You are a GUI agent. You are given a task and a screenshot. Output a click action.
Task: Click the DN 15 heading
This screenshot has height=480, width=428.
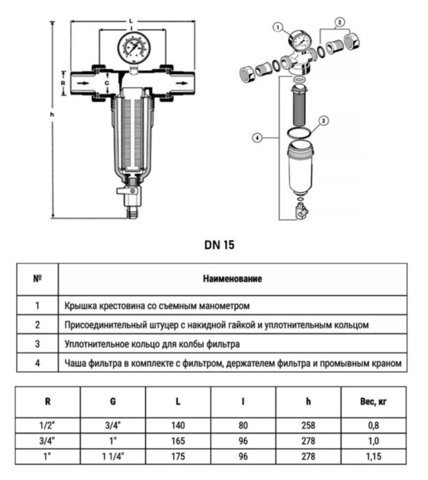[x=219, y=245]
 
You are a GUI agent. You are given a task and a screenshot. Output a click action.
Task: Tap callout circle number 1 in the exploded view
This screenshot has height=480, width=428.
[x=278, y=27]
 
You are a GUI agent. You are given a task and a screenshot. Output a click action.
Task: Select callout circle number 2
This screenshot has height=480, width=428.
[x=340, y=22]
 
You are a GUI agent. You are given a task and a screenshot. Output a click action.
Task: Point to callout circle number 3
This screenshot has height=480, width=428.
[x=323, y=121]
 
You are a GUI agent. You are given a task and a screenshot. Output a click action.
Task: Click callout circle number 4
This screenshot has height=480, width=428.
[x=257, y=138]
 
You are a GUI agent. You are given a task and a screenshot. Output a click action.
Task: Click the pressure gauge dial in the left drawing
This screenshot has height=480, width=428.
[x=134, y=47]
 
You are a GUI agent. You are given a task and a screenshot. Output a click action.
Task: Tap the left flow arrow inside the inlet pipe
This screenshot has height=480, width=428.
[x=83, y=83]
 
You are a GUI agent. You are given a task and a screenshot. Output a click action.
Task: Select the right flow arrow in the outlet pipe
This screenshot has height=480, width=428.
[x=182, y=83]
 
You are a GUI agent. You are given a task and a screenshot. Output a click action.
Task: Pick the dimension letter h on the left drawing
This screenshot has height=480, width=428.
[x=52, y=115]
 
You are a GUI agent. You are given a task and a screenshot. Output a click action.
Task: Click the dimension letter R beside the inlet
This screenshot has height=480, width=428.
[x=63, y=83]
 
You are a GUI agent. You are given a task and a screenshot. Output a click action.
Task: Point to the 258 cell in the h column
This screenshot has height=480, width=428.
[x=308, y=426]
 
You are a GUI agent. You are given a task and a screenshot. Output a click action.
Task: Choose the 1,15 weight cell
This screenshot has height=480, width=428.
[x=374, y=457]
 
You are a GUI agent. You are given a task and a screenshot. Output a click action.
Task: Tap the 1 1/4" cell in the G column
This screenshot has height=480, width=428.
[x=113, y=457]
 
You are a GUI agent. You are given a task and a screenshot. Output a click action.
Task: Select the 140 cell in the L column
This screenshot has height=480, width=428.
[x=178, y=426]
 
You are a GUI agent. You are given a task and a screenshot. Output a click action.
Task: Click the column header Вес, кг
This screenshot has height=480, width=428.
[x=374, y=401]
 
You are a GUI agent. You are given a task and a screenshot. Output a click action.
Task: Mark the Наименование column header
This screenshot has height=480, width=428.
[x=233, y=279]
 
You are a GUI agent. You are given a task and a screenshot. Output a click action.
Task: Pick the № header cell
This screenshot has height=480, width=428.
[x=37, y=279]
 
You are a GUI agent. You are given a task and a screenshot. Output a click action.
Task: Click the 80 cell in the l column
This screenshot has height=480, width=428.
[x=243, y=426]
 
